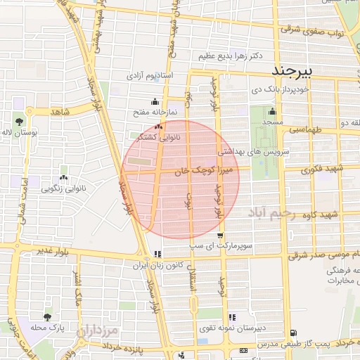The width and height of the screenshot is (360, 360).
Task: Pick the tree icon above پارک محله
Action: coord(47,318)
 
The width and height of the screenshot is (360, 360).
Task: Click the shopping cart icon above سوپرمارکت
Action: coord(220,236)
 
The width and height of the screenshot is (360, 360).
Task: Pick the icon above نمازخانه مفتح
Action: coord(155,101)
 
